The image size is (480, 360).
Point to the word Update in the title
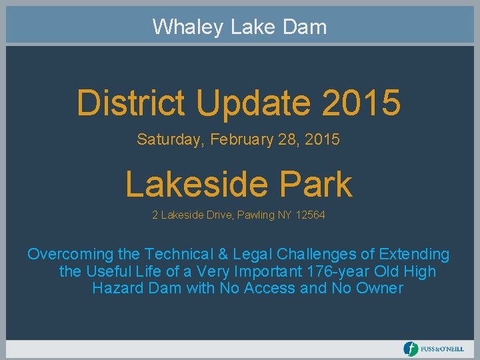point(251,103)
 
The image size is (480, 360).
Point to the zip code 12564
point(311,215)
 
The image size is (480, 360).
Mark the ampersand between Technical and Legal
point(223,254)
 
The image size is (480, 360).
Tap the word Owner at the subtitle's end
point(380,289)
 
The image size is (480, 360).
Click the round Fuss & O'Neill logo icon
point(411,349)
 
